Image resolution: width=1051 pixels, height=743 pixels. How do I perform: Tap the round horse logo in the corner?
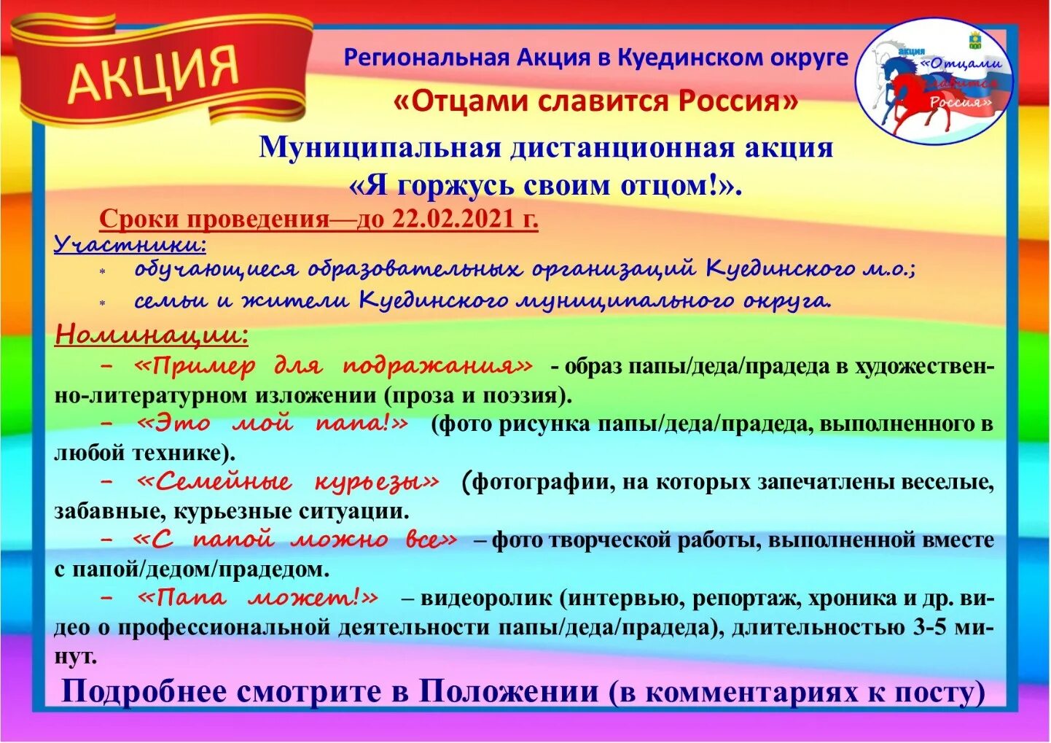click(x=934, y=81)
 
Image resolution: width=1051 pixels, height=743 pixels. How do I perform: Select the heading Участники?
click(x=130, y=244)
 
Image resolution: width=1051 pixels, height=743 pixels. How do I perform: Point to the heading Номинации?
click(x=152, y=335)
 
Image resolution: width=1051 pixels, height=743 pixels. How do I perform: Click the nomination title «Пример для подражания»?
click(x=334, y=366)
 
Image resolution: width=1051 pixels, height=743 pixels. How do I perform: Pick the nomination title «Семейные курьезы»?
click(x=288, y=482)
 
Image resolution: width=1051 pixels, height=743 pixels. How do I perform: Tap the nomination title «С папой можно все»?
click(x=295, y=540)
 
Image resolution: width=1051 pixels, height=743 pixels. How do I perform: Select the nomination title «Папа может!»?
click(x=258, y=599)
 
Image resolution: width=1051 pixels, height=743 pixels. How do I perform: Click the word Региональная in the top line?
click(x=426, y=58)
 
